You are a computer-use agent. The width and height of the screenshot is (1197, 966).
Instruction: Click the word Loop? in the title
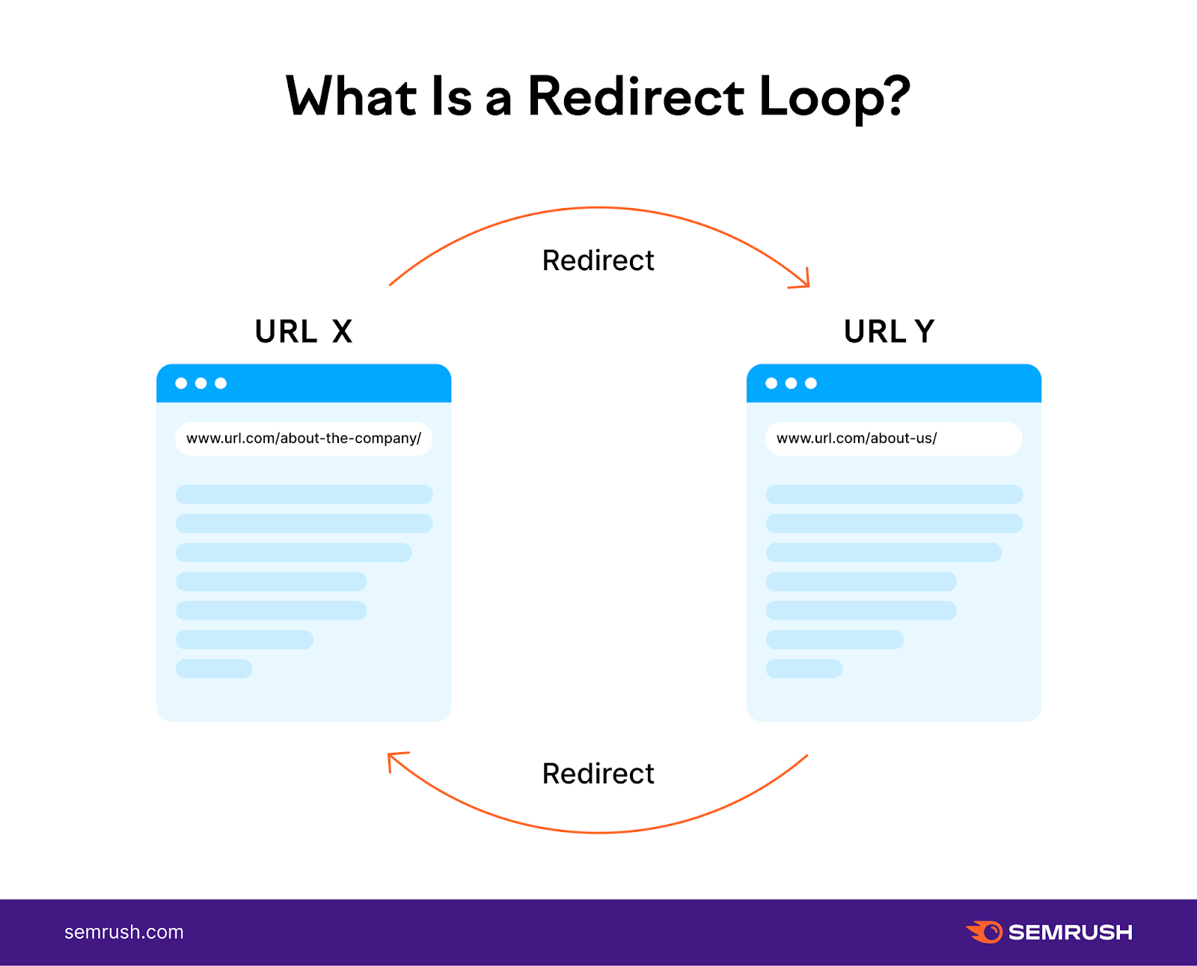click(833, 97)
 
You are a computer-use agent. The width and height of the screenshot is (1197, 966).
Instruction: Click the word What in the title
click(351, 97)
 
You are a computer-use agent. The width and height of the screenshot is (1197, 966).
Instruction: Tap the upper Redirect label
click(598, 260)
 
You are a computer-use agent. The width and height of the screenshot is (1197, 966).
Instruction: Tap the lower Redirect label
click(598, 774)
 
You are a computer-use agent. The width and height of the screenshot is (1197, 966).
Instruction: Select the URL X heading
click(303, 331)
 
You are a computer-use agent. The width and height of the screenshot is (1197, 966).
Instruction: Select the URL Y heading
click(889, 331)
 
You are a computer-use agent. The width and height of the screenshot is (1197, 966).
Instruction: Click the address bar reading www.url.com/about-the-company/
click(303, 438)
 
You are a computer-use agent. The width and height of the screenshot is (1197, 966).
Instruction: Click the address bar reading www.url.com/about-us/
click(893, 438)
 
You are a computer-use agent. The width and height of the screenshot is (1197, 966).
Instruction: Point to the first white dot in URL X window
click(181, 383)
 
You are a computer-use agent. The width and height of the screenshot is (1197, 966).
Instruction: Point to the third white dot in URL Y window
click(811, 383)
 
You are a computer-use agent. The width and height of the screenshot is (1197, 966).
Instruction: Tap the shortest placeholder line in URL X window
click(214, 668)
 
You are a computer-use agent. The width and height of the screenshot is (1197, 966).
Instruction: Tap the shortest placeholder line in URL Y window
click(804, 668)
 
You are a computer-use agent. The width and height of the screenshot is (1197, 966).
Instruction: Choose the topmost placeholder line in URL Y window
click(894, 495)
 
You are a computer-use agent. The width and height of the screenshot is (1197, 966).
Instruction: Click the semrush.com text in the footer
click(123, 932)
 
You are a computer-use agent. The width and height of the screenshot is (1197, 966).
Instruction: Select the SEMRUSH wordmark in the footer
click(1070, 932)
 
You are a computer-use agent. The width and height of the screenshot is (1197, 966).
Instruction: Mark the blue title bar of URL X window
click(337, 383)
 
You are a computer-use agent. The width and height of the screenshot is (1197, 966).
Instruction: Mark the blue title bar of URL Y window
click(928, 383)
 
